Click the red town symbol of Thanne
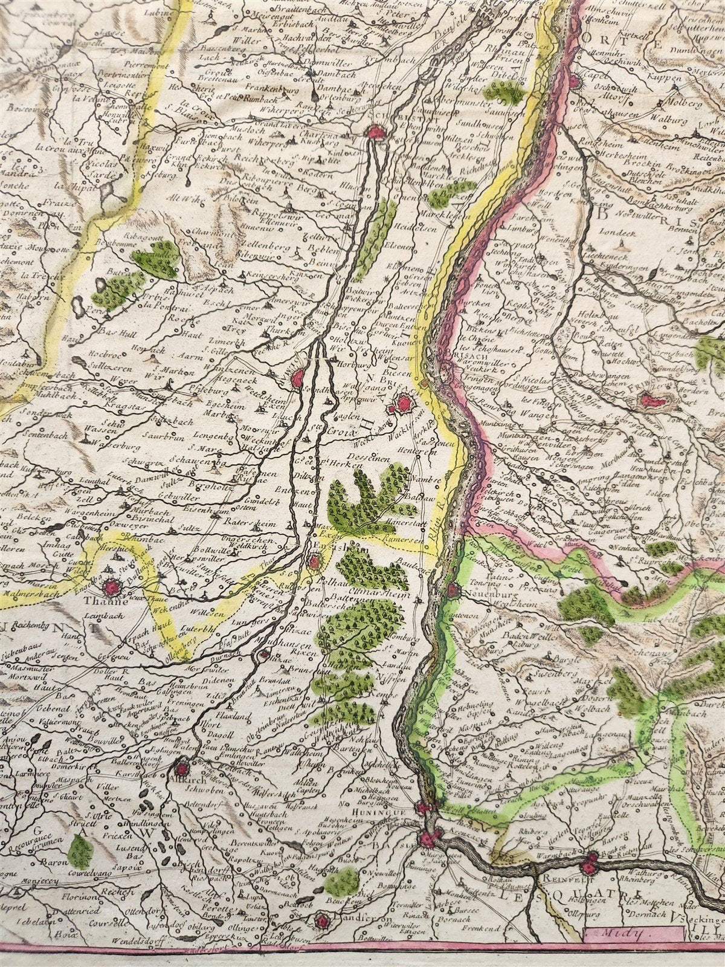111,586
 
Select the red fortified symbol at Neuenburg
453,590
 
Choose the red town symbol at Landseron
323,921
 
